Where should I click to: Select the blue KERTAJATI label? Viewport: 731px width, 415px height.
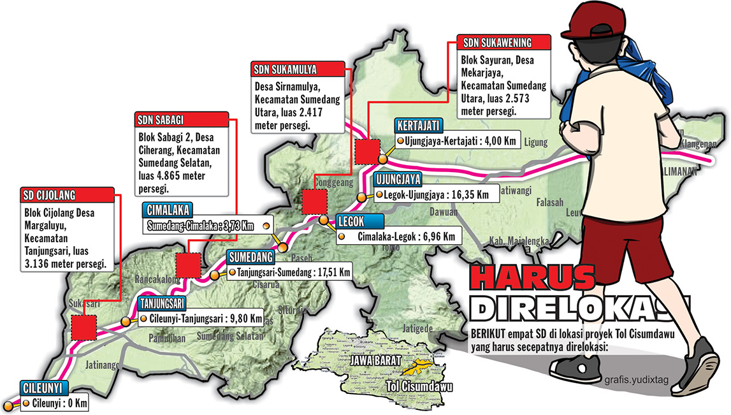tap(418, 126)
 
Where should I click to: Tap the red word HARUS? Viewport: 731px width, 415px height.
tap(532, 279)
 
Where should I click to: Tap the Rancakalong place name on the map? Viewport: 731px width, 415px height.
tap(157, 279)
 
